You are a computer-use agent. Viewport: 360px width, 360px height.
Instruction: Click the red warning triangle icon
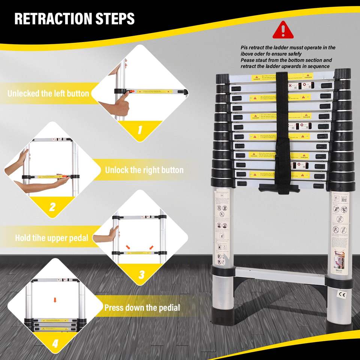pyautogui.click(x=283, y=30)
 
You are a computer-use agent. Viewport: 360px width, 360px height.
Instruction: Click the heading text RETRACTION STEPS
pyautogui.click(x=74, y=18)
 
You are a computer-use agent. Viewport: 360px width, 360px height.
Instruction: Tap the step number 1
pyautogui.click(x=139, y=130)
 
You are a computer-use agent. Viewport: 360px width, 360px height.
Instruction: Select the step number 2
pyautogui.click(x=52, y=207)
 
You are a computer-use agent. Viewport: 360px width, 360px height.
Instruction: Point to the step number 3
pyautogui.click(x=141, y=274)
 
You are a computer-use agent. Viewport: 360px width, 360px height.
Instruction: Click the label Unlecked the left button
pyautogui.click(x=48, y=93)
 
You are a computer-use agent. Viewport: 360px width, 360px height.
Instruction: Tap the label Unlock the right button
pyautogui.click(x=144, y=170)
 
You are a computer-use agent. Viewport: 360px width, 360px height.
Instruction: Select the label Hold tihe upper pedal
pyautogui.click(x=52, y=238)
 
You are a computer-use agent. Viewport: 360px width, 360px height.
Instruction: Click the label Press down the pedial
pyautogui.click(x=142, y=308)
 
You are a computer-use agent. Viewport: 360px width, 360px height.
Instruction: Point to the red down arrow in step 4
pyautogui.click(x=55, y=300)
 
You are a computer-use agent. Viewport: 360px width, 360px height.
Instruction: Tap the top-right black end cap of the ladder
pyautogui.click(x=342, y=74)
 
